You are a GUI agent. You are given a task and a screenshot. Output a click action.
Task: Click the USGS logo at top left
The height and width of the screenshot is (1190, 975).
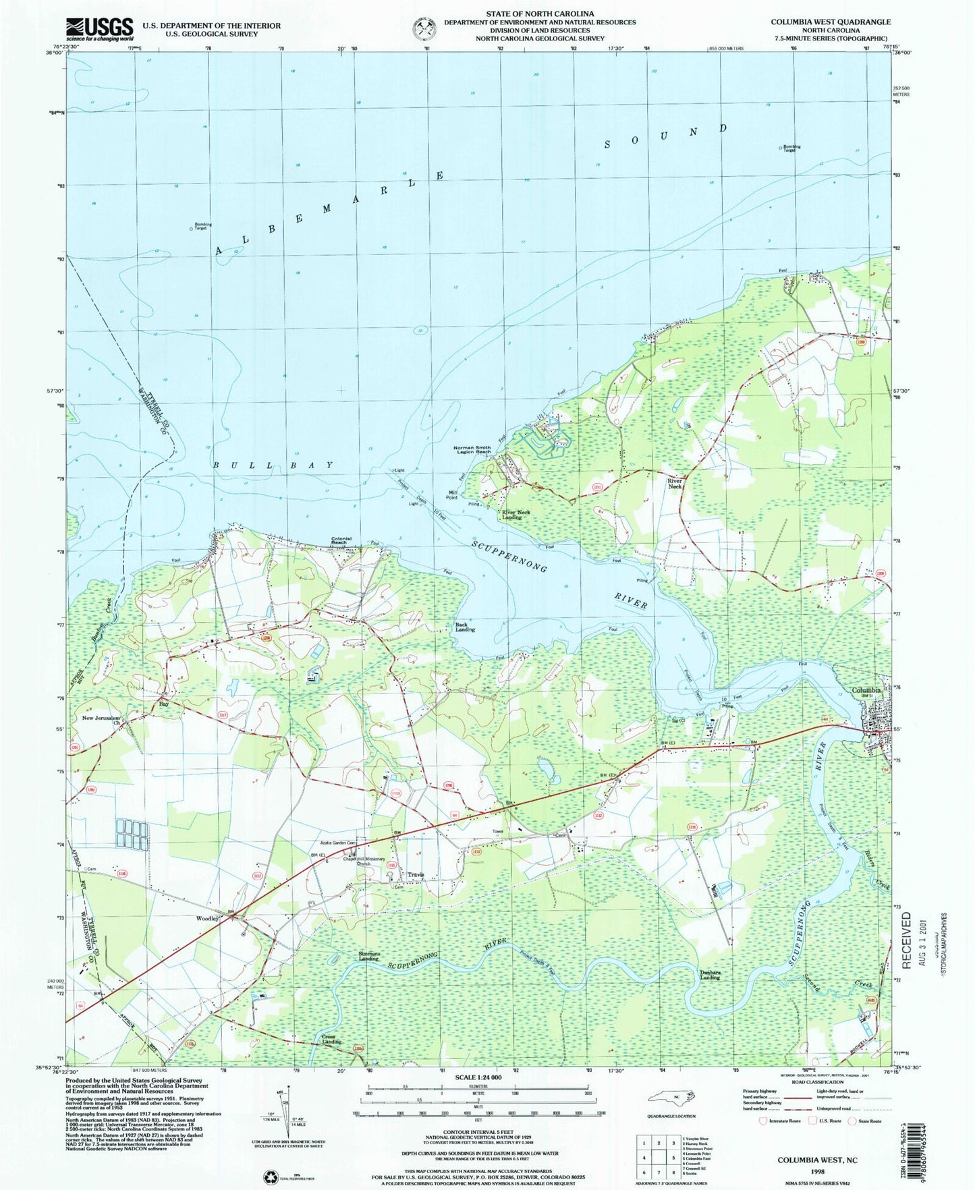(99, 29)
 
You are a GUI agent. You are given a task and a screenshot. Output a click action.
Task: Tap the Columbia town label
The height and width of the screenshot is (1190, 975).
(866, 690)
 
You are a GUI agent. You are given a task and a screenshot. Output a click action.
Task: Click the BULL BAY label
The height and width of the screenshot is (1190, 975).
(273, 465)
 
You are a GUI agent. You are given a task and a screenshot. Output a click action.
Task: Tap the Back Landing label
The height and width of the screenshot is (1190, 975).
(465, 627)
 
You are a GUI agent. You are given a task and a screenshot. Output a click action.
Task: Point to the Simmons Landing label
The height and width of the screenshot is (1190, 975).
(368, 955)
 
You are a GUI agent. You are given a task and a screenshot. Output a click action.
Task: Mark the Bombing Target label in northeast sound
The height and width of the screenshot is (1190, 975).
(791, 148)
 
